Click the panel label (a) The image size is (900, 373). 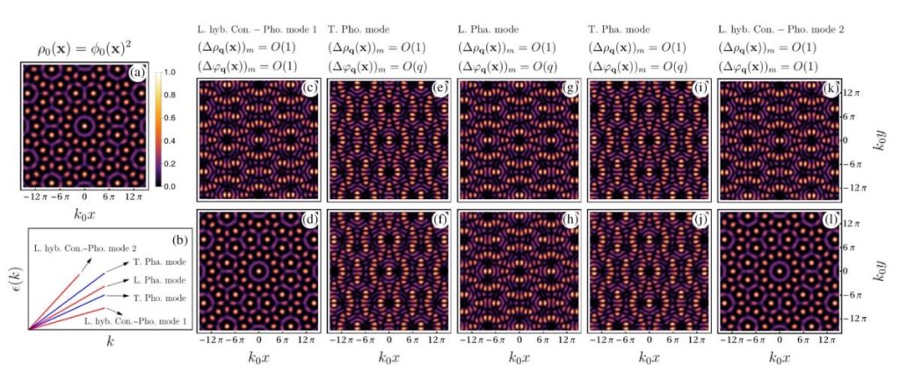tap(137, 74)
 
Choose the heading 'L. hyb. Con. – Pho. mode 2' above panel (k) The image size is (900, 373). tap(780, 30)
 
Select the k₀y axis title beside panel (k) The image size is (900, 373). tap(882, 140)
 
